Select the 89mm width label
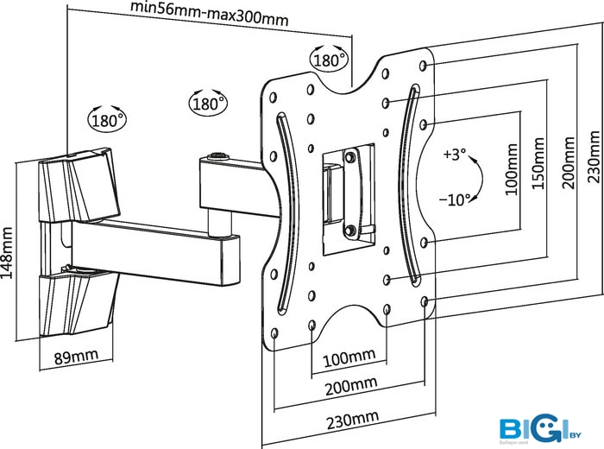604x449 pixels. tap(77, 356)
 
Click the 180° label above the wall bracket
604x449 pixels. tap(106, 119)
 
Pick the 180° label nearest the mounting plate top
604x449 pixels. tap(329, 61)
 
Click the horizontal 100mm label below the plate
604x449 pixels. tap(349, 357)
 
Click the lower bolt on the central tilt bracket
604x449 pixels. tap(350, 229)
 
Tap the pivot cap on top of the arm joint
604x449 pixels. tap(217, 158)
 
